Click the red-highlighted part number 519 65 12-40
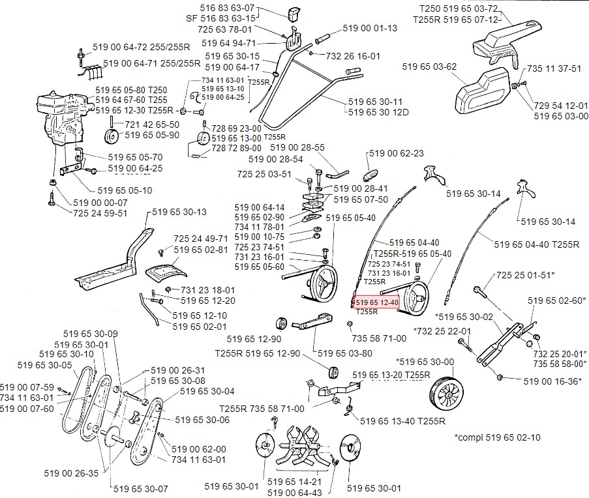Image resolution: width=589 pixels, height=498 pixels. click(375, 302)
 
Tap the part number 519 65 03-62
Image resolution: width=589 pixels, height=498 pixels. click(430, 66)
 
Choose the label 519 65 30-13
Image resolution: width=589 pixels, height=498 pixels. click(179, 212)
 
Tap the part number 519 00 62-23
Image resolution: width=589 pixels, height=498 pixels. click(397, 153)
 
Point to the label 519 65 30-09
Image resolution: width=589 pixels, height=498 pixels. click(91, 334)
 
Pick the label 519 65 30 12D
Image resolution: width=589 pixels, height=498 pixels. click(378, 112)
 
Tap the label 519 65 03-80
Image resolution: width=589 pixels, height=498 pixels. click(345, 353)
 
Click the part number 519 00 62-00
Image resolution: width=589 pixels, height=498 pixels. click(199, 449)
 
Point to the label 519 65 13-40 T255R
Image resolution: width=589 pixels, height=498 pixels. click(398, 421)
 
